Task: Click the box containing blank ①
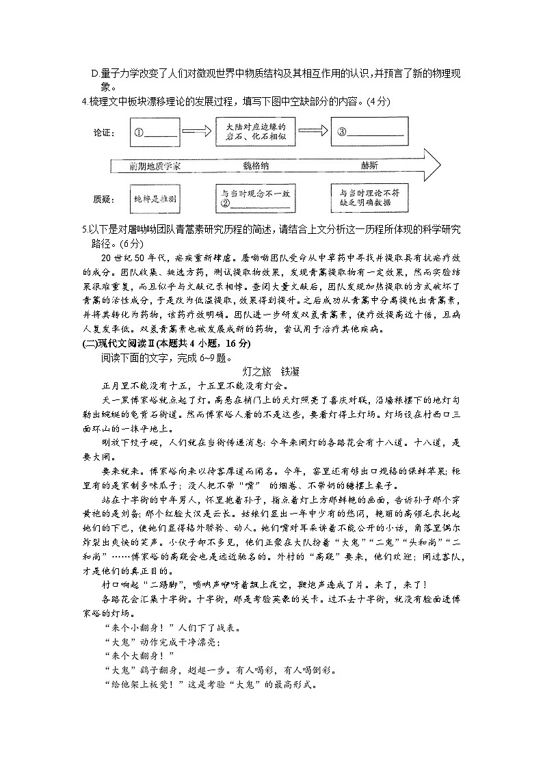(x=156, y=133)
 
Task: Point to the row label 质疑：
(x=102, y=199)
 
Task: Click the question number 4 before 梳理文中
(x=83, y=103)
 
